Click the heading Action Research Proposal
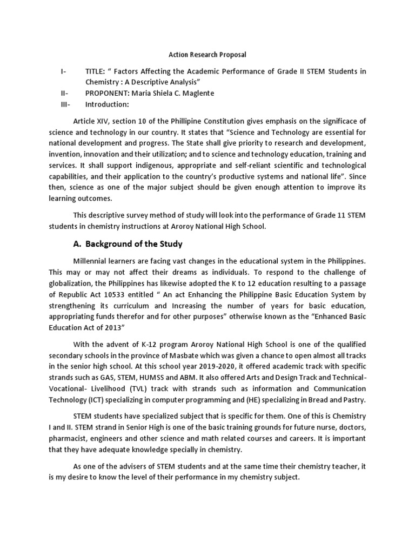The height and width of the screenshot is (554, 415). click(207, 55)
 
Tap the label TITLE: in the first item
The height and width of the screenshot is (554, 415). click(96, 71)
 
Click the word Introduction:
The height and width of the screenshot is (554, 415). click(107, 104)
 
